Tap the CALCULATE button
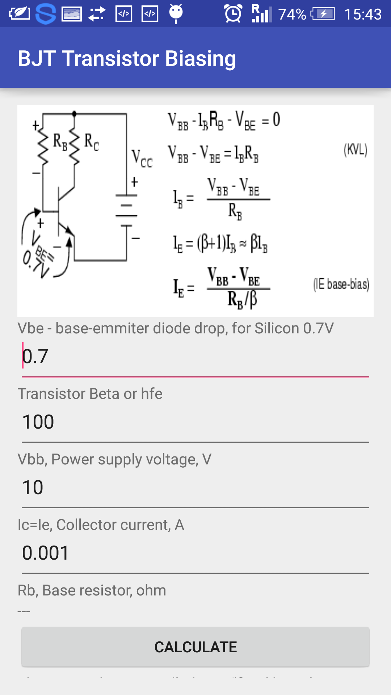coord(195,647)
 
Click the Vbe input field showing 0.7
coord(195,356)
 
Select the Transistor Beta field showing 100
coord(195,422)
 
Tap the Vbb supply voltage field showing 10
coord(195,487)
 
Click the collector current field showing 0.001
coord(195,553)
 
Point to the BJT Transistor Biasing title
coord(127,58)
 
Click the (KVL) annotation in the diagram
coord(356,149)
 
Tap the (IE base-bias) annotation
coord(341,285)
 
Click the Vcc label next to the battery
coord(142,158)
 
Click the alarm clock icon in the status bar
coord(233,14)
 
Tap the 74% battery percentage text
coord(292,14)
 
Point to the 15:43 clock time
coord(363,14)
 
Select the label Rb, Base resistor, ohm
coord(92,590)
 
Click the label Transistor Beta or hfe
coord(90,393)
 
